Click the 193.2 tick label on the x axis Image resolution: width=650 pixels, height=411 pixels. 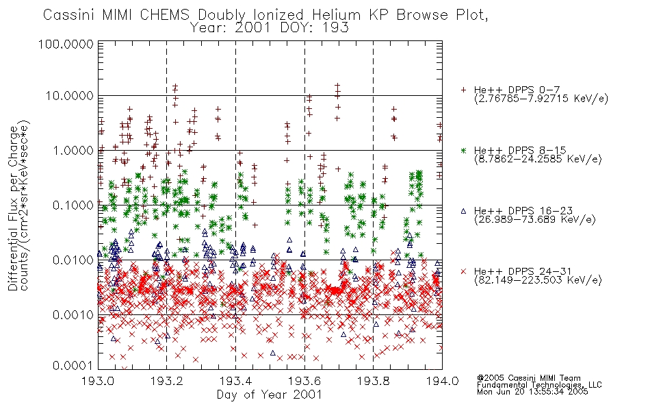[x=167, y=381]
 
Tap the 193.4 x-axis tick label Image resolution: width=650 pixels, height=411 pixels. [x=235, y=381]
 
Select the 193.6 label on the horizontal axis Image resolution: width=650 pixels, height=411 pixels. [x=304, y=381]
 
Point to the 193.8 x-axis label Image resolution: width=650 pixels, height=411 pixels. [x=373, y=381]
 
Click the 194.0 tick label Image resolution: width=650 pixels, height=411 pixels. [x=442, y=381]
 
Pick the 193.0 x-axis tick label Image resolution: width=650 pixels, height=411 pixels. [x=98, y=381]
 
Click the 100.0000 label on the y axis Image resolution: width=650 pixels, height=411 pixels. [x=66, y=44]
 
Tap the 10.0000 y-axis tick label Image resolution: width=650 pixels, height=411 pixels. [x=70, y=96]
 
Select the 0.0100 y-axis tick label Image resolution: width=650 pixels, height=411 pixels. [x=73, y=260]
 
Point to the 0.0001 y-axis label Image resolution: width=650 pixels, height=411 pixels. [x=73, y=366]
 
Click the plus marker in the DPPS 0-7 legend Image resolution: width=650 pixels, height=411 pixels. [x=463, y=90]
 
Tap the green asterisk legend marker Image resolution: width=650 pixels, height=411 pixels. [x=463, y=150]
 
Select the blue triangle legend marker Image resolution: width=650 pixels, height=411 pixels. [x=463, y=211]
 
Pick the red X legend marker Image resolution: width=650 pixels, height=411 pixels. [x=463, y=271]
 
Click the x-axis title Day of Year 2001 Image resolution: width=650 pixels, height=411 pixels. [x=270, y=395]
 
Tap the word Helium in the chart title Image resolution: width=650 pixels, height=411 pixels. [x=336, y=15]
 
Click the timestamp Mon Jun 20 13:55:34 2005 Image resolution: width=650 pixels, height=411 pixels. [x=532, y=392]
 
